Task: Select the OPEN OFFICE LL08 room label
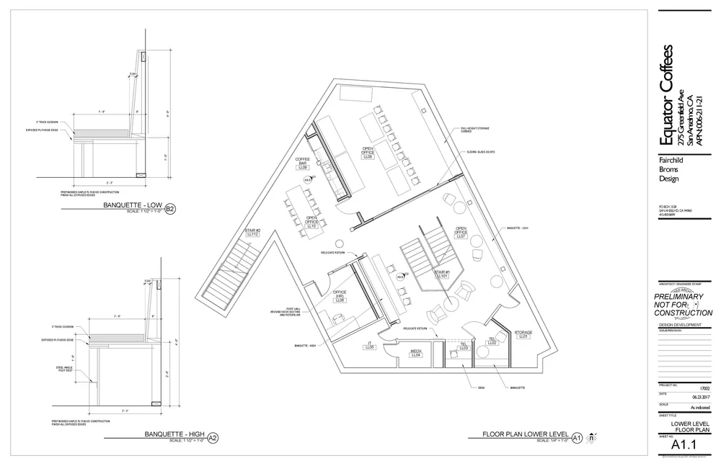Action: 368,153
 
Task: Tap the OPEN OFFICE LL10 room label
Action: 312,222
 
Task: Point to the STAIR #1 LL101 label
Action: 442,272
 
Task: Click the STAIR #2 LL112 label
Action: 252,232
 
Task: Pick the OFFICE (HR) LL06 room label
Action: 340,296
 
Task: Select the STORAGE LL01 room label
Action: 523,335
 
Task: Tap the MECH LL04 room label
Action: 415,353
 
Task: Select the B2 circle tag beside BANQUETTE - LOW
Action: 170,210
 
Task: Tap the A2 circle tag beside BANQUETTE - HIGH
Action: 212,437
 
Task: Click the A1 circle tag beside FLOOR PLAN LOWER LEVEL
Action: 576,437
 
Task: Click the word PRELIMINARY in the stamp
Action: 682,296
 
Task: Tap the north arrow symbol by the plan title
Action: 592,436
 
